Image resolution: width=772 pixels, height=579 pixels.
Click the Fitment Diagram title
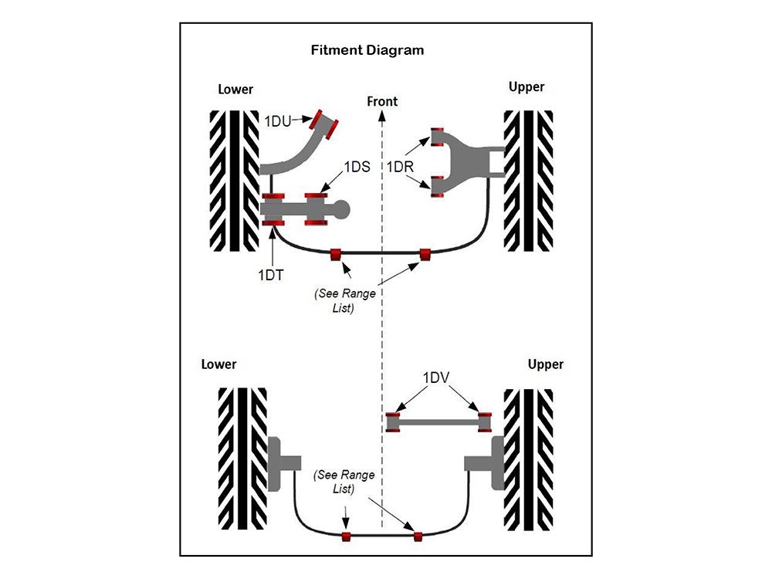tap(367, 51)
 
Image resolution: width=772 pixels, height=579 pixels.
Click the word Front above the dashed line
tap(382, 101)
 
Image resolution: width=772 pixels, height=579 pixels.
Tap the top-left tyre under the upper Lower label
tap(235, 181)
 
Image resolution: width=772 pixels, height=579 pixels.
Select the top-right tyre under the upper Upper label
tap(528, 181)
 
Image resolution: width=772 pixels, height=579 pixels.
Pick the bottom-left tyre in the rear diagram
tap(242, 459)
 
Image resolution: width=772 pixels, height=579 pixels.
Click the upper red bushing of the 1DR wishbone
tap(437, 137)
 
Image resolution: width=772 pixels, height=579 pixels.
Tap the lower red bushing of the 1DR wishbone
tap(437, 187)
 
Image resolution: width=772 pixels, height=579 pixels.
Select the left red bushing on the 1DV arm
tap(393, 422)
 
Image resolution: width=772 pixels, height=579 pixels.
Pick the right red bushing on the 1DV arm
tap(485, 422)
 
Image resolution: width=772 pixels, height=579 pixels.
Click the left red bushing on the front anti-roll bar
tap(336, 255)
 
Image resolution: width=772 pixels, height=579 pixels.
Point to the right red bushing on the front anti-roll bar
tap(424, 255)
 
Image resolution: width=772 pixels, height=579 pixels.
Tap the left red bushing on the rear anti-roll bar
tap(346, 536)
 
